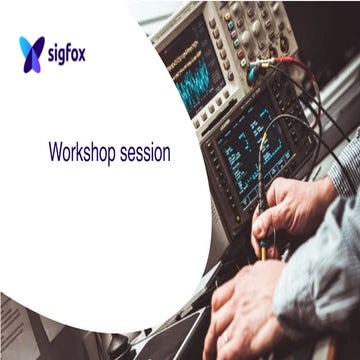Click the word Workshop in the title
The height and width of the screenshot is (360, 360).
point(83,154)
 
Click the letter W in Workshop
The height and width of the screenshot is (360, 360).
point(55,154)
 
